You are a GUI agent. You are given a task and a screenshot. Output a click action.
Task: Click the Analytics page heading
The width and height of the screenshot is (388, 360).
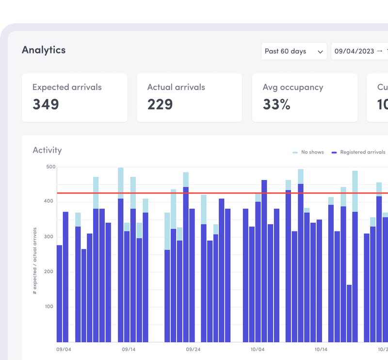44,50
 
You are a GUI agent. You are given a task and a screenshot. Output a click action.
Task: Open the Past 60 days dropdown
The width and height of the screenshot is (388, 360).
293,51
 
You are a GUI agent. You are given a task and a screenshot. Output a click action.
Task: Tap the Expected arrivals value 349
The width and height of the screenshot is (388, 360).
46,104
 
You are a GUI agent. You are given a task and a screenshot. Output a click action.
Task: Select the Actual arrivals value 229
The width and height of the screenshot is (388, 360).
160,104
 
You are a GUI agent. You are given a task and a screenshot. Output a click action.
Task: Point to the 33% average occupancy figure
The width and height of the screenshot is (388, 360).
276,104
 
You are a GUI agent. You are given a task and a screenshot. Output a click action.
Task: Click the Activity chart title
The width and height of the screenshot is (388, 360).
47,150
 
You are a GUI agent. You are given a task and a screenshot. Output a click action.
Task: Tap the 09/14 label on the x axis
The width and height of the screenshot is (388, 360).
128,349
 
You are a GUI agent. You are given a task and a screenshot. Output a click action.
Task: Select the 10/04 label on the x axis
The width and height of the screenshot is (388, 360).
258,349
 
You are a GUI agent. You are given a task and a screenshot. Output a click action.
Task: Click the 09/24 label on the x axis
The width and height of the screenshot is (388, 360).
193,349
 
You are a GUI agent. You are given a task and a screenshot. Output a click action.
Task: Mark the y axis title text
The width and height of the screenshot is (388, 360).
35,261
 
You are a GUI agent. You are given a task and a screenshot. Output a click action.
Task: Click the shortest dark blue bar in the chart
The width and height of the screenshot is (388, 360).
349,313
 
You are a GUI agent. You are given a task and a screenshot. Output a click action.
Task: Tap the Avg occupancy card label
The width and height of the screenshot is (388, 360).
292,87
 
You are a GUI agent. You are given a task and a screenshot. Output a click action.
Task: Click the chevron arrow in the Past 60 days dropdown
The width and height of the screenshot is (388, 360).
320,51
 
